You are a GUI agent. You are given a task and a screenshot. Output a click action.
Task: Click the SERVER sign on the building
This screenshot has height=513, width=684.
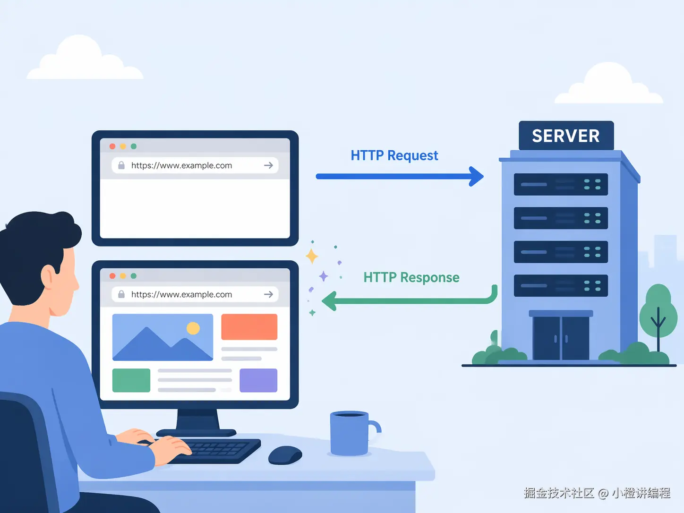(566, 136)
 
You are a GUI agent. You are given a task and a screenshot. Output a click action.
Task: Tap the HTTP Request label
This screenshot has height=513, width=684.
(394, 155)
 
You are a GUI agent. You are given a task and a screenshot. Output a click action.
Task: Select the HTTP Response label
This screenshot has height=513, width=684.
(411, 277)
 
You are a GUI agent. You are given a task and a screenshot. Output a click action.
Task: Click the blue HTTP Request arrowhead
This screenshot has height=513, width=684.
(476, 176)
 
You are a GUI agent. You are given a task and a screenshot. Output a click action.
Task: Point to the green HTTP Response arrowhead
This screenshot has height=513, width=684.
(329, 301)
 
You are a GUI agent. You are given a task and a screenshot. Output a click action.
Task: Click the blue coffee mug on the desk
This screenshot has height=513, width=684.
(350, 434)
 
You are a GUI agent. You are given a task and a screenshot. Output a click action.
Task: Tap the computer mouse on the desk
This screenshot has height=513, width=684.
(285, 455)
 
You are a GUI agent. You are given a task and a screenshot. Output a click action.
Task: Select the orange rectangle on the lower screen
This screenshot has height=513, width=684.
(249, 327)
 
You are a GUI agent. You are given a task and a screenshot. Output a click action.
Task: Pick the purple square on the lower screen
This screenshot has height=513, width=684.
(258, 380)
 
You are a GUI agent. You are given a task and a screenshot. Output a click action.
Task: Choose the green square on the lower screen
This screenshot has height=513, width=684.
(131, 380)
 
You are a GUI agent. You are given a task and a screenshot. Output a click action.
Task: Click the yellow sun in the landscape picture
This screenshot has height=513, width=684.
(193, 328)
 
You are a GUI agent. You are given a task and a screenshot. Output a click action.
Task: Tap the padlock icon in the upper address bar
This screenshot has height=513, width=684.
(121, 165)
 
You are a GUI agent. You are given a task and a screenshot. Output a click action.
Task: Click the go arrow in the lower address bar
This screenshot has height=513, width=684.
(268, 294)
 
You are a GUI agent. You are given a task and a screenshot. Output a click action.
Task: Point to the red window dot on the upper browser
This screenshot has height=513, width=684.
(112, 146)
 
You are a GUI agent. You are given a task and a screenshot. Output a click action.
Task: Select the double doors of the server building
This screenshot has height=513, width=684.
(561, 337)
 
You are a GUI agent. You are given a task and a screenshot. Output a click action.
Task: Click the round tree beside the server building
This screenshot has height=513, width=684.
(658, 312)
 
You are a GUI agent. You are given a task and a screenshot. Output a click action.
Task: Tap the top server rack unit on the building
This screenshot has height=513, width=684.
(561, 184)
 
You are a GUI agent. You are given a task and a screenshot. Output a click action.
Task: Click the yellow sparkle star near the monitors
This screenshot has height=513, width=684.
(312, 256)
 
